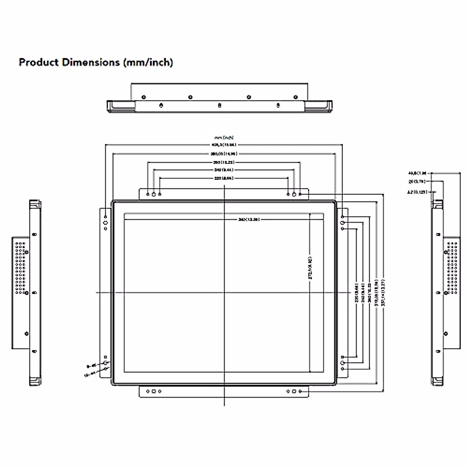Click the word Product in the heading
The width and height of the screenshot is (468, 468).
pyautogui.click(x=39, y=62)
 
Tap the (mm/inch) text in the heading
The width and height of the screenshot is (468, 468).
pyautogui.click(x=148, y=62)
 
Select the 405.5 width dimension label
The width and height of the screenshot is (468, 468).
pyautogui.click(x=224, y=145)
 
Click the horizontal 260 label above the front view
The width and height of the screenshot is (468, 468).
pyautogui.click(x=224, y=162)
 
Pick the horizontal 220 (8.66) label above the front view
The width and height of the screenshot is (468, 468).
pyautogui.click(x=224, y=178)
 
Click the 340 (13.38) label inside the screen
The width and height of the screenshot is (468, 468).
pyautogui.click(x=249, y=220)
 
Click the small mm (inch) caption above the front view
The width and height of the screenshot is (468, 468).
pyautogui.click(x=224, y=137)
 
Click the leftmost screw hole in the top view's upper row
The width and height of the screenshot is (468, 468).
pyautogui.click(x=144, y=97)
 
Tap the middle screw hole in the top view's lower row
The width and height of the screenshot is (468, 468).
pyautogui.click(x=220, y=105)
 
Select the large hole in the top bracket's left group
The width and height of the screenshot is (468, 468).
pyautogui.click(x=154, y=194)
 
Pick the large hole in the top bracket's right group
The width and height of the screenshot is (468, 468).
pyautogui.click(x=294, y=194)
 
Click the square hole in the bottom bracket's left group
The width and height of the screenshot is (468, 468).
pyautogui.click(x=154, y=391)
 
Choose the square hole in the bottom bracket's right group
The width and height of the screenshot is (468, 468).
pyautogui.click(x=294, y=391)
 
